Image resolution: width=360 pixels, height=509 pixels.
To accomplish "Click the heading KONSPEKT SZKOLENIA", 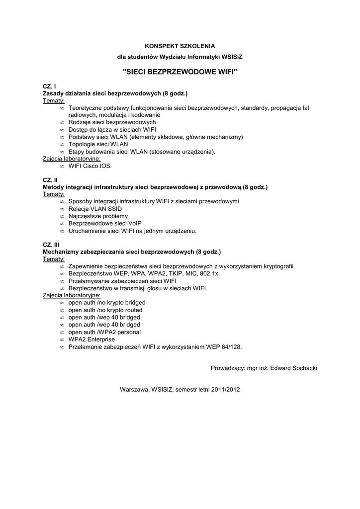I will click(180, 46).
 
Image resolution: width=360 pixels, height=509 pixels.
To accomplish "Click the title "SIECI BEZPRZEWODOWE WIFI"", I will click(180, 72).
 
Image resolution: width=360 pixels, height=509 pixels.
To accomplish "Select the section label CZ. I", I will click(49, 86).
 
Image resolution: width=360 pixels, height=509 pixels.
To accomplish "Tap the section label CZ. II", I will click(50, 180).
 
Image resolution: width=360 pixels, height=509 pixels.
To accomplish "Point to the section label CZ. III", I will click(51, 245).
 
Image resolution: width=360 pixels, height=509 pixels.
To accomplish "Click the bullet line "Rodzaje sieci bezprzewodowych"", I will click(112, 122).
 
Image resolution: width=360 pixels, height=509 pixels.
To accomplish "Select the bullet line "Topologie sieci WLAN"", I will click(98, 144).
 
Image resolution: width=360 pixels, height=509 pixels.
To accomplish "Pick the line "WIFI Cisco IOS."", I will click(90, 166).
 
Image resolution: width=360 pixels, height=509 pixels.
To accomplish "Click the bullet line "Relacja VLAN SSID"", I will click(95, 209).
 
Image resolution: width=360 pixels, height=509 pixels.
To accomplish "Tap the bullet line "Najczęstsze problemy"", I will click(98, 217).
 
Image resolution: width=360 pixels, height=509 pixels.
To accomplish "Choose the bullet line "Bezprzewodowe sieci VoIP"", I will click(105, 224).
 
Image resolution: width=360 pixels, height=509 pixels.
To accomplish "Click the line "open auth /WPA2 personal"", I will click(104, 332).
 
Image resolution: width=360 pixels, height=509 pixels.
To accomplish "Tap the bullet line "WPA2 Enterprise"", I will click(91, 339).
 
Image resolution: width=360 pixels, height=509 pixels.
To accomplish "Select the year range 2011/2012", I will click(225, 390).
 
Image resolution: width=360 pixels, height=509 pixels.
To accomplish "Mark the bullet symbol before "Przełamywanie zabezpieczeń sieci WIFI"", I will click(62, 281).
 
